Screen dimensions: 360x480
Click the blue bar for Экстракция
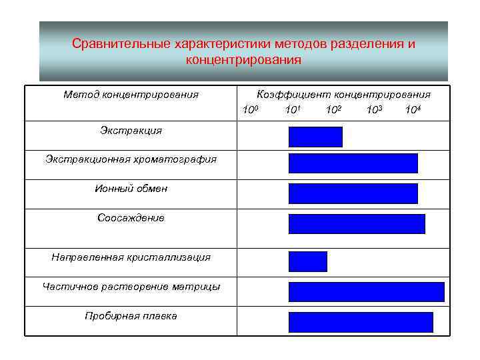tap(315, 137)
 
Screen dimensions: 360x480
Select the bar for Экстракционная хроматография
tap(353, 163)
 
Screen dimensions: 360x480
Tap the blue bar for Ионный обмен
tap(353, 193)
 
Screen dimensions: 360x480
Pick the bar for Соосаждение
tap(356, 224)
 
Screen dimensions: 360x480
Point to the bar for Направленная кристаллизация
tap(307, 261)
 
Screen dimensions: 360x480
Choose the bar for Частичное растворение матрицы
tap(366, 292)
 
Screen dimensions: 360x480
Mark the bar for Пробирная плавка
tap(361, 322)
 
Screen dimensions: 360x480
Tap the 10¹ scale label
tap(291, 109)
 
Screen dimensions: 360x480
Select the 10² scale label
tap(333, 109)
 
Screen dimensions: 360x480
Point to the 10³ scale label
tap(374, 109)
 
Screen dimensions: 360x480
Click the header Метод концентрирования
tap(131, 95)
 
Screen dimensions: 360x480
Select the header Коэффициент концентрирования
tap(343, 95)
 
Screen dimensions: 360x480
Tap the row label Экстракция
tap(131, 131)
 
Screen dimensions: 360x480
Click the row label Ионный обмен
tap(131, 189)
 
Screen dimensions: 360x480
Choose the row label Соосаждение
tap(131, 218)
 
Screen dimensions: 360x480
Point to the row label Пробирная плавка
tap(131, 316)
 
